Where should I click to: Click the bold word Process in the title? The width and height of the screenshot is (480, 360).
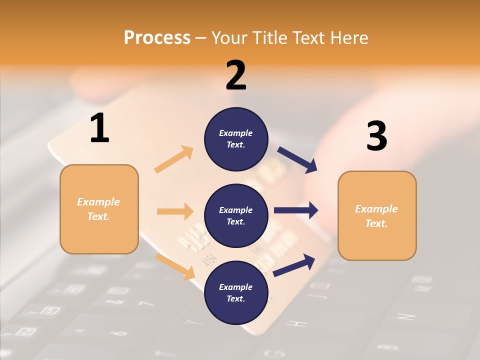click(157, 37)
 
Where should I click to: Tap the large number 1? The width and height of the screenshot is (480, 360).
click(99, 128)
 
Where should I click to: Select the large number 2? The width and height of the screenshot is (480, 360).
click(236, 75)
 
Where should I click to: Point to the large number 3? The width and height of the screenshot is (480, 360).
click(376, 136)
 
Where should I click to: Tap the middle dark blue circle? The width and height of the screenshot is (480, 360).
click(236, 215)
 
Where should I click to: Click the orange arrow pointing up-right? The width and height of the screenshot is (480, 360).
click(174, 159)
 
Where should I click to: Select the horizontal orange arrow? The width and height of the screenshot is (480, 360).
click(175, 211)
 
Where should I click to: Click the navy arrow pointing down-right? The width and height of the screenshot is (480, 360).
click(297, 160)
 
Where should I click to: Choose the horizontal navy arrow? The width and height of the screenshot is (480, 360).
click(296, 210)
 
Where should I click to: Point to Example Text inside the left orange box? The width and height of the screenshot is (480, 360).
click(98, 209)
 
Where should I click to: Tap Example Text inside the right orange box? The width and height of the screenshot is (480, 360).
click(376, 216)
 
